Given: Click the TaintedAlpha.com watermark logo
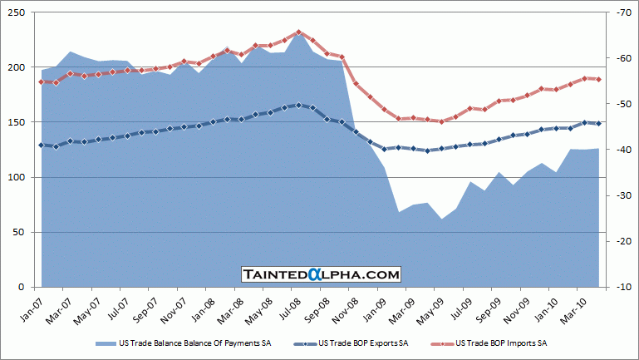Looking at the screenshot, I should pos(321,274).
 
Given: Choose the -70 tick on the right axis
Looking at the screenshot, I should pos(622,12).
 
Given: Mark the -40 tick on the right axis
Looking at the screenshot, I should pos(622,150).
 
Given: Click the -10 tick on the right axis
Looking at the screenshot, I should pos(622,287).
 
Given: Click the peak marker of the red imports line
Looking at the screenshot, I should pos(298,32).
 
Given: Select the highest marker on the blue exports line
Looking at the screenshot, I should pos(298,105).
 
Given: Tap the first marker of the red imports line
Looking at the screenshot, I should pos(42,81).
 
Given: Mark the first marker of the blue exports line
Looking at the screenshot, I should pos(42,145).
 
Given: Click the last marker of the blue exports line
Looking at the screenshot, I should pos(598,123).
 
